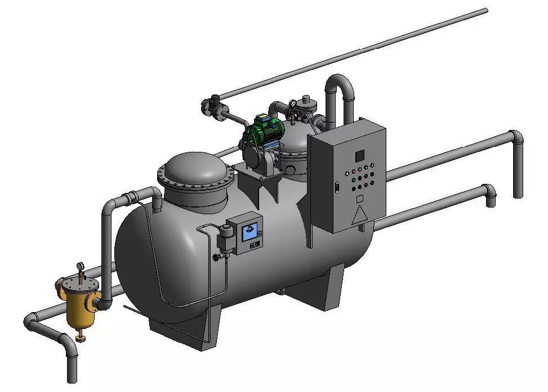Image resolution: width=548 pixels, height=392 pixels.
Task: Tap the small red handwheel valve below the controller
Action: tap(216, 258)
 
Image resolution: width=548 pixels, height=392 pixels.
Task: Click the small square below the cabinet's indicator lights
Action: tap(359, 198)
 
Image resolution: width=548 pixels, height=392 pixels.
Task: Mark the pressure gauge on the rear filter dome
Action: tap(292, 103)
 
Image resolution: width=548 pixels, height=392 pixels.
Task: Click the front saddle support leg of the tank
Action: tap(186, 332)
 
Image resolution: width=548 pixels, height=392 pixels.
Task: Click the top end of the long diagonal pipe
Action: tap(484, 10)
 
